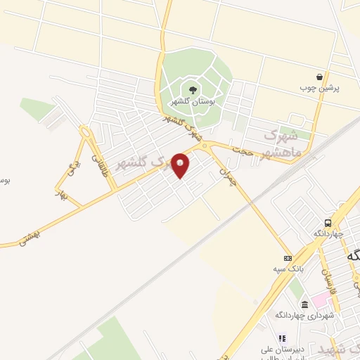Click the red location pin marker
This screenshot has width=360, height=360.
point(181,165)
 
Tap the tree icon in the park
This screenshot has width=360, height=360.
point(191,89)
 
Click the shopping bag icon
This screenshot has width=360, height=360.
point(320,77)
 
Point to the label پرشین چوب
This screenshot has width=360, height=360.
point(320,89)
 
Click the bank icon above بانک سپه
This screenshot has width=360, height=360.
point(287,259)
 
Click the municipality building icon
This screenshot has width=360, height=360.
point(304,304)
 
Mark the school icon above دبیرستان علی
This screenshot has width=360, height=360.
point(281,337)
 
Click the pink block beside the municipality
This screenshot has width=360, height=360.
point(321,301)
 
